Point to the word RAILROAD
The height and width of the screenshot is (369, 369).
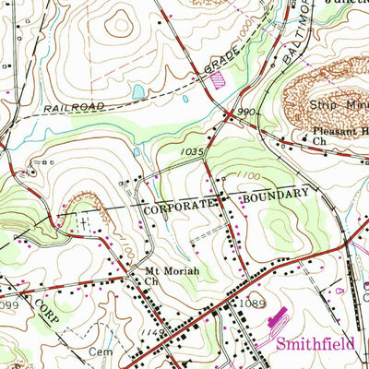tap(73, 107)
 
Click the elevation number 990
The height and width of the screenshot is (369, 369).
tap(245, 112)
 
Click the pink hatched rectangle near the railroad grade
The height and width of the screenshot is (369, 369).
tap(219, 80)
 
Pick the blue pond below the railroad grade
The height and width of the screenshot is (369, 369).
tap(138, 92)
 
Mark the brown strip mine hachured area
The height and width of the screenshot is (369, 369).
tap(318, 88)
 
